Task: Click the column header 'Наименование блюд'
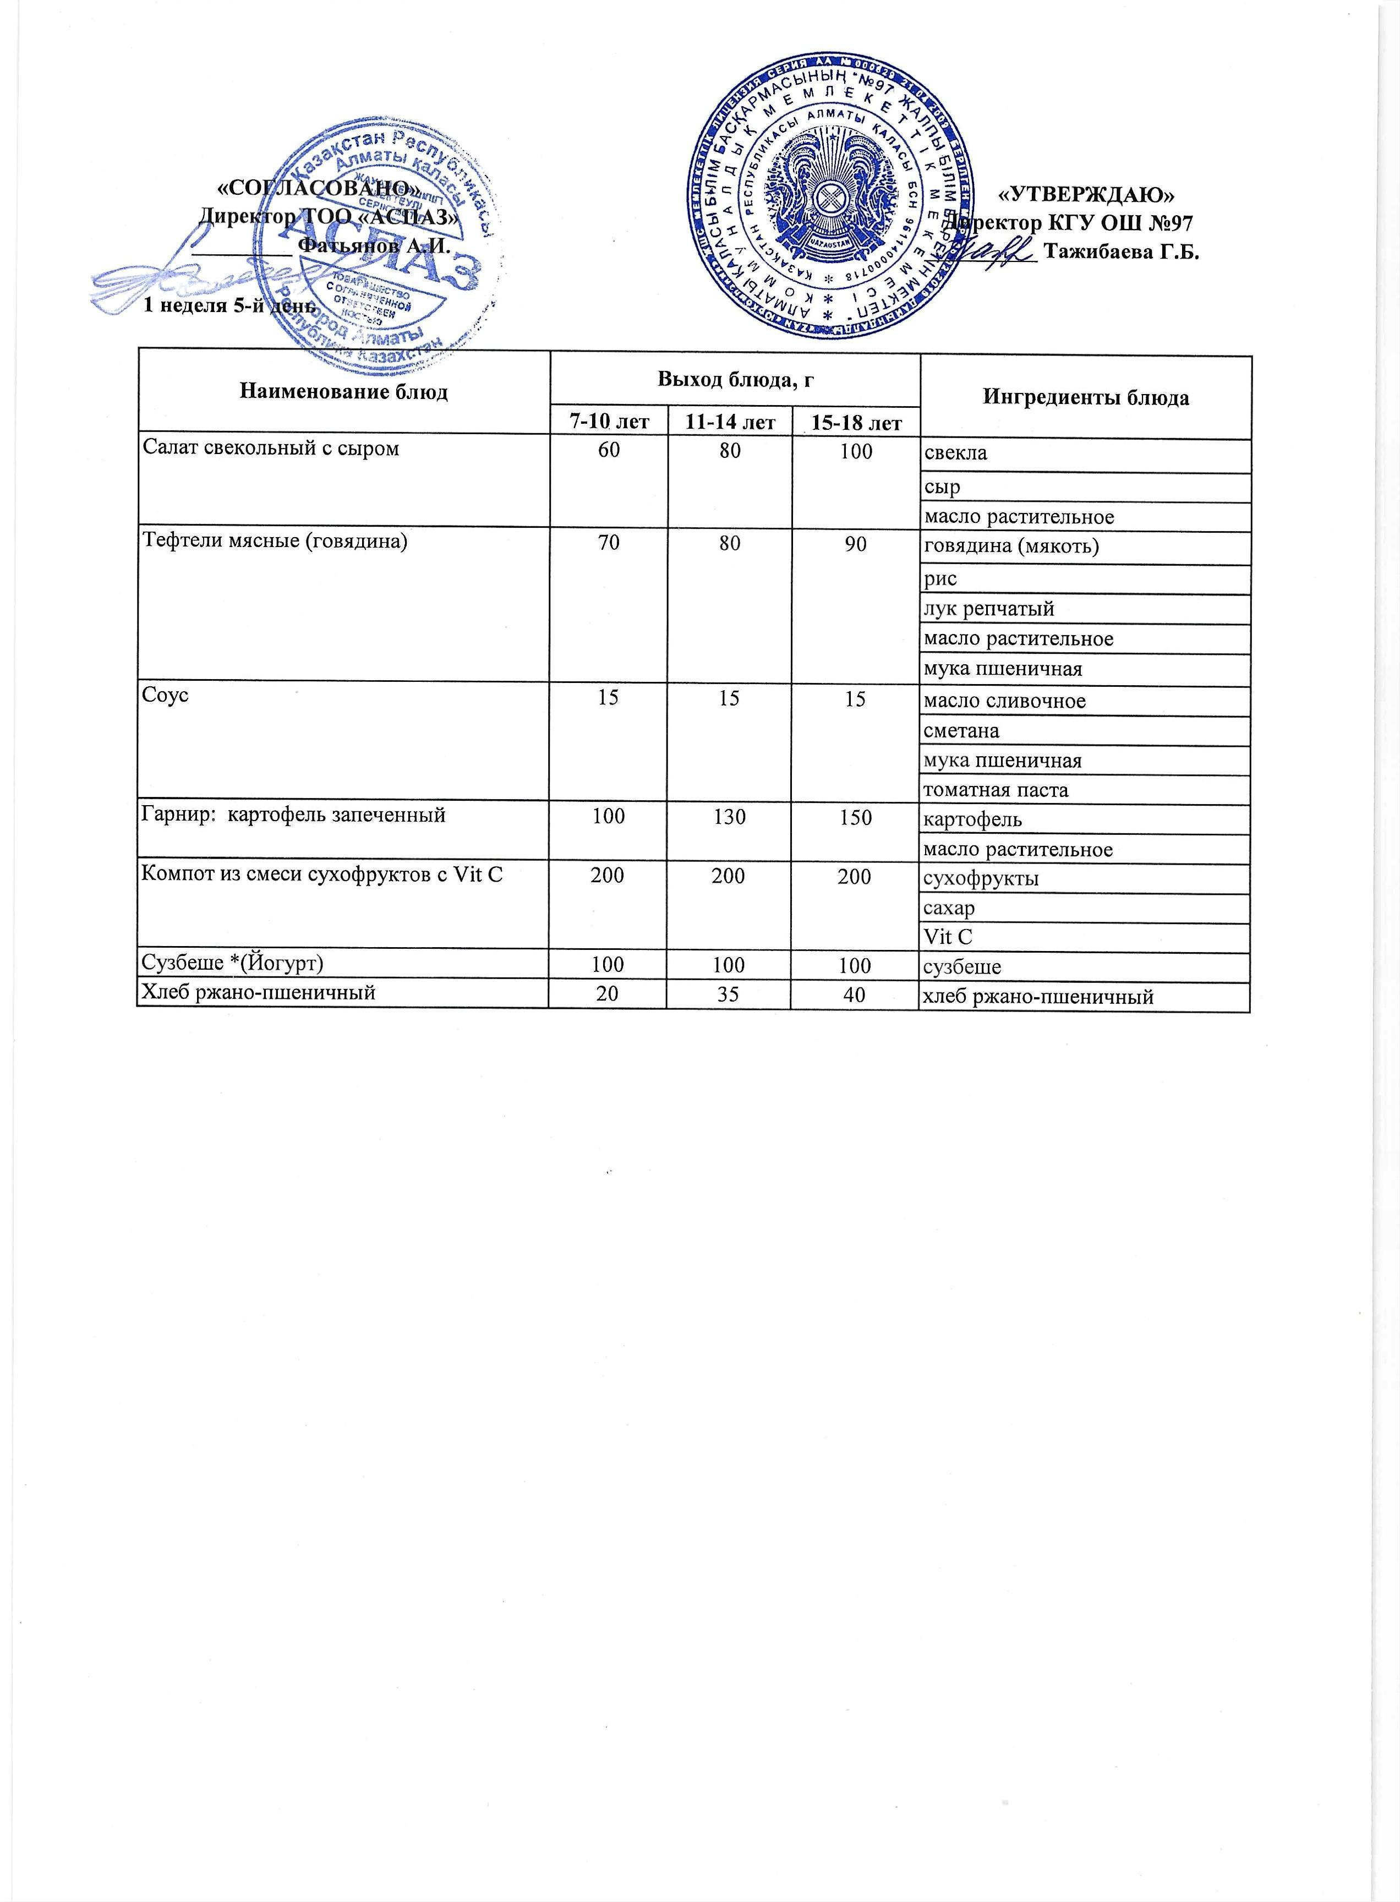[343, 392]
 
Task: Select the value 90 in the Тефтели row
[855, 543]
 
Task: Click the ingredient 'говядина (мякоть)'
[1011, 546]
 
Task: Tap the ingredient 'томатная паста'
[996, 790]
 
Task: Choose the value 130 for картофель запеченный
[729, 816]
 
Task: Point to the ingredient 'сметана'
[961, 731]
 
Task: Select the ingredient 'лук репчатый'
[989, 609]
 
